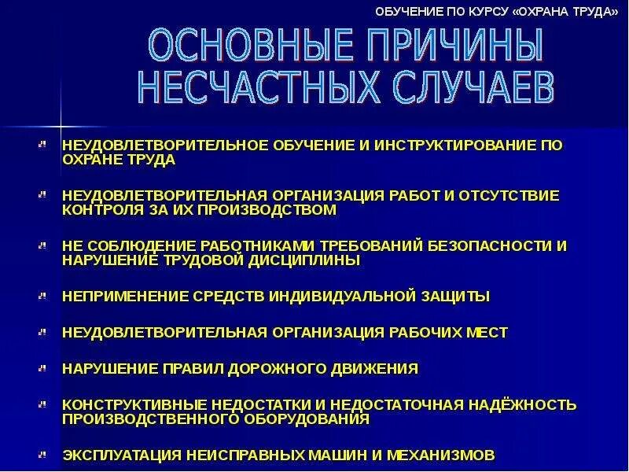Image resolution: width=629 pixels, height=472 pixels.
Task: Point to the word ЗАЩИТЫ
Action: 455,297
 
